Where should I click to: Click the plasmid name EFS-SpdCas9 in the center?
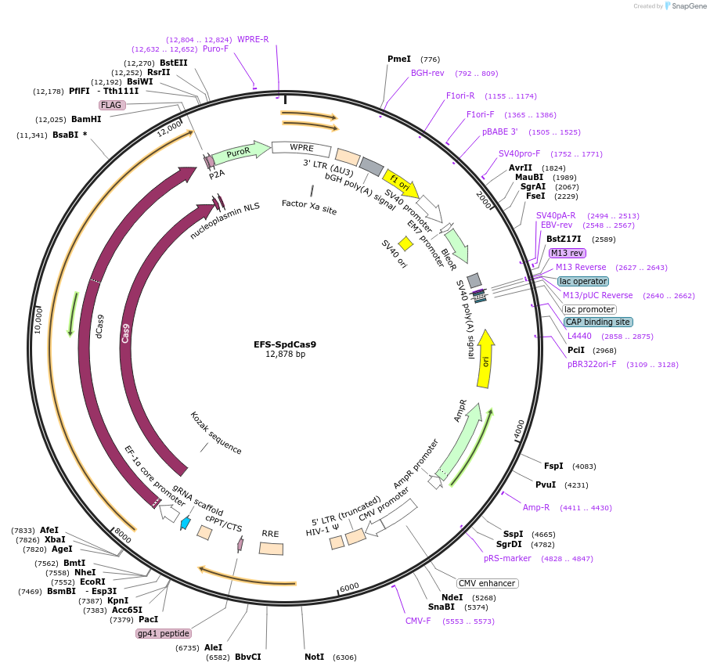285,344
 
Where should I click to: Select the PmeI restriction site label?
399,59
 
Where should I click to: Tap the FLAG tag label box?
113,105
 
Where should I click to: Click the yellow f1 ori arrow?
400,185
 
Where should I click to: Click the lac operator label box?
582,281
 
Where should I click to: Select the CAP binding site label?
598,322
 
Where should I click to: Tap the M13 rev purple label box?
567,253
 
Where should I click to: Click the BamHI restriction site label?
86,120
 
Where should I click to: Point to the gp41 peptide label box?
164,633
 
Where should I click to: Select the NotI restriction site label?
315,657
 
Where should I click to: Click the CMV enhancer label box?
486,583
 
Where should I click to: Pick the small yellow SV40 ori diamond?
405,244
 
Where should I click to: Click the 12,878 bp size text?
285,355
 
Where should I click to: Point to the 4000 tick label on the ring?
519,429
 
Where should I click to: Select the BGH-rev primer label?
427,73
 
